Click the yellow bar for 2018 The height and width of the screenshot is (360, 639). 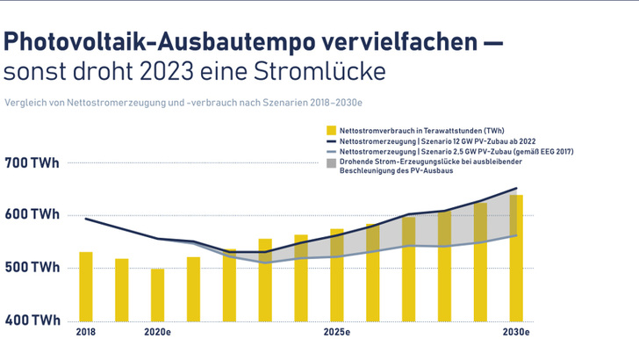pyautogui.click(x=86, y=285)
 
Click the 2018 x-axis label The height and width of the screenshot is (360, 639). pyautogui.click(x=86, y=333)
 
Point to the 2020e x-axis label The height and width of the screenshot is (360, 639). pyautogui.click(x=158, y=333)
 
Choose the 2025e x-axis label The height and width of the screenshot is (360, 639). pyautogui.click(x=337, y=333)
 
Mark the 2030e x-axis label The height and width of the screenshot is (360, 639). pyautogui.click(x=516, y=333)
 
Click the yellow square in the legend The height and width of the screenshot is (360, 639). pyautogui.click(x=331, y=130)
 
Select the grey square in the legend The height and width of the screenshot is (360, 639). pyautogui.click(x=331, y=162)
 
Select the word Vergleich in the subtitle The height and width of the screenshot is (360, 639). pyautogui.click(x=22, y=101)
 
